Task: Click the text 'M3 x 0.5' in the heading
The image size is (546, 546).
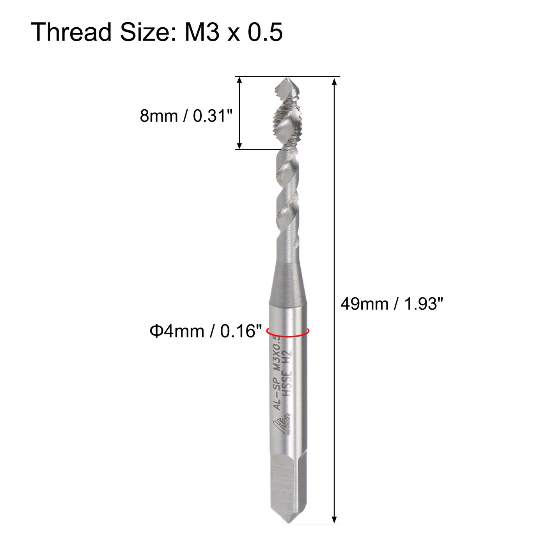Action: pyautogui.click(x=233, y=32)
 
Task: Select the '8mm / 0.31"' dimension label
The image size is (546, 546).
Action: pyautogui.click(x=186, y=116)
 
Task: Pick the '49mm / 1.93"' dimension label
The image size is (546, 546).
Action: pyautogui.click(x=392, y=303)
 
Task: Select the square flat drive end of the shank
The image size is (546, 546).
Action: pyautogui.click(x=288, y=484)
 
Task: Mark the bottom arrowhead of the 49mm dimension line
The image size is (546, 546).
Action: pyautogui.click(x=334, y=519)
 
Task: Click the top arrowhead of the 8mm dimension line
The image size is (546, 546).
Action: pyautogui.click(x=239, y=80)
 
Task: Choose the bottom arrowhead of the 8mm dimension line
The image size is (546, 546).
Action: pyautogui.click(x=239, y=145)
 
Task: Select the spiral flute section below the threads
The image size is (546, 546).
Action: pyautogui.click(x=288, y=195)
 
